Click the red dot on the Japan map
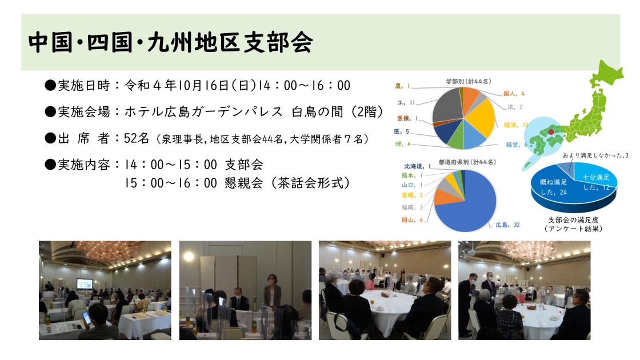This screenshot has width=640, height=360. coord(551,132)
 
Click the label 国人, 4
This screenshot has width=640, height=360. coord(514,94)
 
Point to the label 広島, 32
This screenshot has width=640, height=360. coord(507,225)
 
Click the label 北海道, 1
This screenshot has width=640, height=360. coord(417,166)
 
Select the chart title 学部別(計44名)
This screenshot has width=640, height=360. coord(469,81)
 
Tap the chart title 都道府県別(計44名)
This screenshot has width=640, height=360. coord(467,162)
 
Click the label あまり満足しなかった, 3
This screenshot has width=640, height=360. coord(595,155)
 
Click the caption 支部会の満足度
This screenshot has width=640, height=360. coord(574,219)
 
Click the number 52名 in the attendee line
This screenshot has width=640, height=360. coord(137,138)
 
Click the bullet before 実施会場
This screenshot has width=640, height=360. coord(50,111)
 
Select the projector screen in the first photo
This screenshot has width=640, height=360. coord(85,283)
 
